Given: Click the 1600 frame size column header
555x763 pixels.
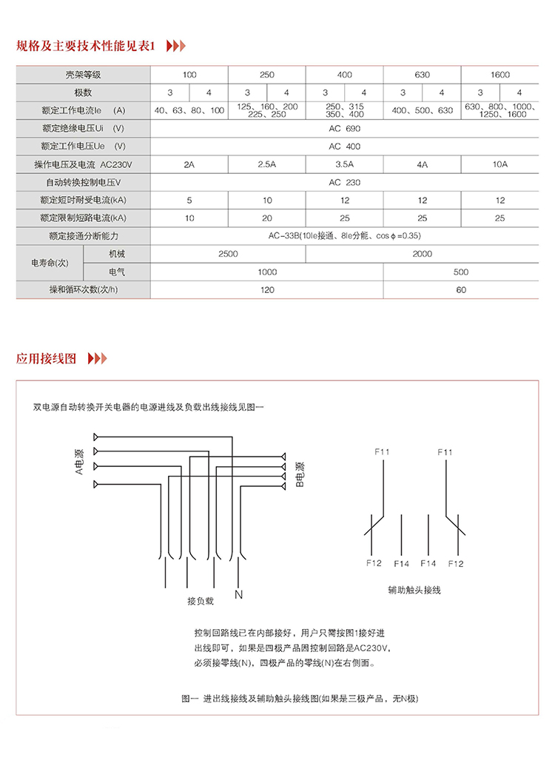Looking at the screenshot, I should [499, 75].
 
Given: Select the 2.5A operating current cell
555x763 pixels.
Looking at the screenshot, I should [266, 164].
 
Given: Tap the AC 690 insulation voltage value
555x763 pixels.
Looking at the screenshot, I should [344, 129].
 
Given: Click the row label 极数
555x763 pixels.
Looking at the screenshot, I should [83, 93].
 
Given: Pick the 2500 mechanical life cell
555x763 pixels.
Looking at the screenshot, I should [228, 254].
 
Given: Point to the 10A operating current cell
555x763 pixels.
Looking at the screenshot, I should [499, 164].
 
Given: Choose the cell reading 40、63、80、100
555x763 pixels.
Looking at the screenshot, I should [189, 110].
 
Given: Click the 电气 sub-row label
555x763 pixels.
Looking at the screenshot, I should [116, 272].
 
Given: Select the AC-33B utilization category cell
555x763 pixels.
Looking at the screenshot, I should [344, 235].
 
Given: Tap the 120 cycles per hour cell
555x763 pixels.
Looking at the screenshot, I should [266, 289].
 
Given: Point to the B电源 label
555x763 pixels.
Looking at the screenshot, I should [300, 474].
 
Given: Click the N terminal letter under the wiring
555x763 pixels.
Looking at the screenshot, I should [238, 594].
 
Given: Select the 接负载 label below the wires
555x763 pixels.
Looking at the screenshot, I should [200, 601].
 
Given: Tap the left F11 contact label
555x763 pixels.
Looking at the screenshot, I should [383, 451].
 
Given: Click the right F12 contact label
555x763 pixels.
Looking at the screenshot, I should [455, 564].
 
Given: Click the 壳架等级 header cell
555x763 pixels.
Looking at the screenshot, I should [83, 75].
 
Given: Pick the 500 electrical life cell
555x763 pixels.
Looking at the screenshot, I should [460, 272].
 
